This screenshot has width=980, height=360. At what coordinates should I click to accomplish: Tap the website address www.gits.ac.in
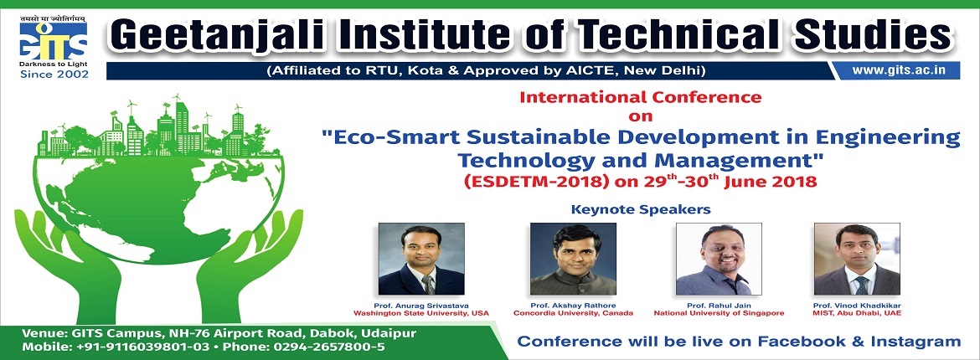898,70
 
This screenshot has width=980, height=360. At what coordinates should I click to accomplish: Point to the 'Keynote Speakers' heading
641,209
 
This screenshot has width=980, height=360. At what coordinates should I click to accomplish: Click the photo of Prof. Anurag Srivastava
421,259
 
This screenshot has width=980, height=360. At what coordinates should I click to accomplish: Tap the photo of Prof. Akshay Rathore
573,259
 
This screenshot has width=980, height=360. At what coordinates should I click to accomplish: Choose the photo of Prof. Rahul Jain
719,259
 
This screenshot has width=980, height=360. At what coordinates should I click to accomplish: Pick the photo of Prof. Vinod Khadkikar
857,259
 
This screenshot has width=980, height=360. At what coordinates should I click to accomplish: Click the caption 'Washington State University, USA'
421,313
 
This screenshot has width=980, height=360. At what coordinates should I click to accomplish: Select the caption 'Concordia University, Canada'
573,313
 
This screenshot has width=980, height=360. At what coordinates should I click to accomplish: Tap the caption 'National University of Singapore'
719,313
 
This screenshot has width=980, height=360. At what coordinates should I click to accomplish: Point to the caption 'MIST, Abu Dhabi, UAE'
857,313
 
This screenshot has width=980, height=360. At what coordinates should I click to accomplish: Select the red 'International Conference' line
641,97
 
